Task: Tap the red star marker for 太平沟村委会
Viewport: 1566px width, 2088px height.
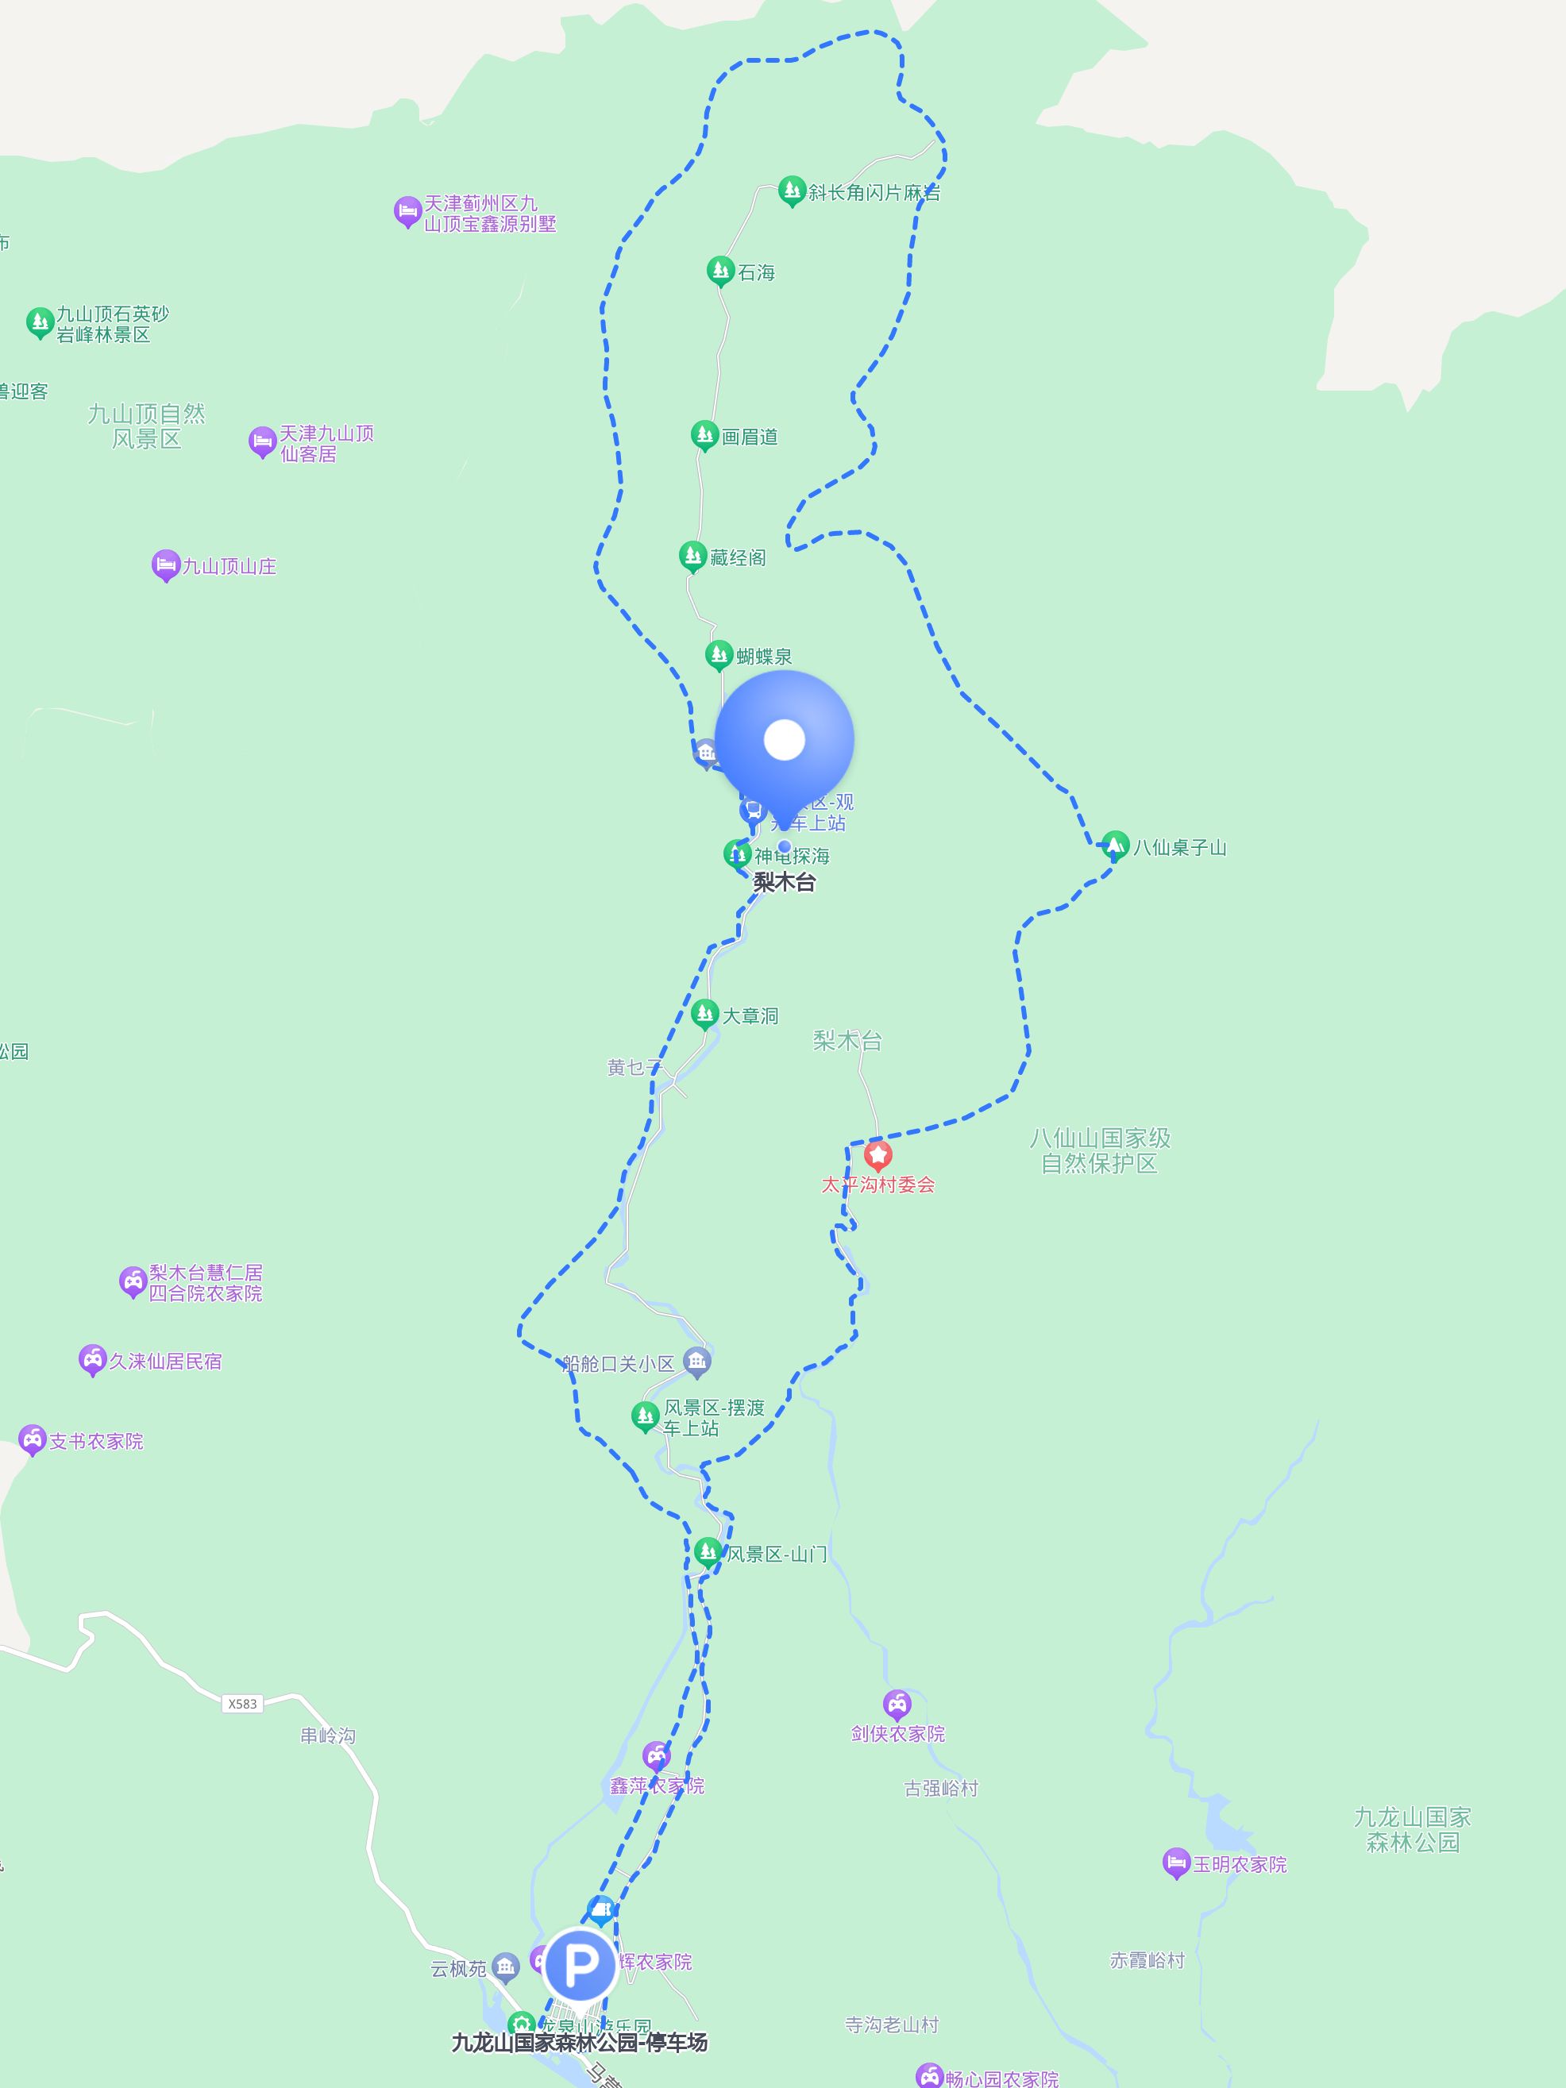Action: coord(877,1154)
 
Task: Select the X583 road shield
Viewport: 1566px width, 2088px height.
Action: coord(242,1703)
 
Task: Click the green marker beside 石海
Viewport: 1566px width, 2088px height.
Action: coord(720,271)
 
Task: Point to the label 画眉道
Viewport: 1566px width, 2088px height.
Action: coord(750,437)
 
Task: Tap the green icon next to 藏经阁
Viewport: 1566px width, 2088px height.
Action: coord(692,556)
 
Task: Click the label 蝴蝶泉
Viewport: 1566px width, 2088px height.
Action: coord(764,656)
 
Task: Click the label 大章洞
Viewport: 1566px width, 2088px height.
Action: coord(750,1015)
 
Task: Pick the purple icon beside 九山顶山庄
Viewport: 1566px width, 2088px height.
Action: coord(165,565)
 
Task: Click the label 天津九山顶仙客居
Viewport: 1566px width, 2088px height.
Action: coord(326,444)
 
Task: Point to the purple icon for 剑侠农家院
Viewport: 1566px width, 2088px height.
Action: coord(897,1704)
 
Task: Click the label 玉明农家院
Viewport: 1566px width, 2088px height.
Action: coord(1240,1864)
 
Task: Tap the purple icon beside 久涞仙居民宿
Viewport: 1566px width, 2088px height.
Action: coord(91,1359)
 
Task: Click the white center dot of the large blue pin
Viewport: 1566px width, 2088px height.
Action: coord(784,739)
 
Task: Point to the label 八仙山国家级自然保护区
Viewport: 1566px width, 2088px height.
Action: coord(1100,1150)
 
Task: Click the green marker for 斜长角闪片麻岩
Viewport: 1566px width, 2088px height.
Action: coord(791,191)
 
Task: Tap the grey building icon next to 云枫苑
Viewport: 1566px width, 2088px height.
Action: coord(506,1967)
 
